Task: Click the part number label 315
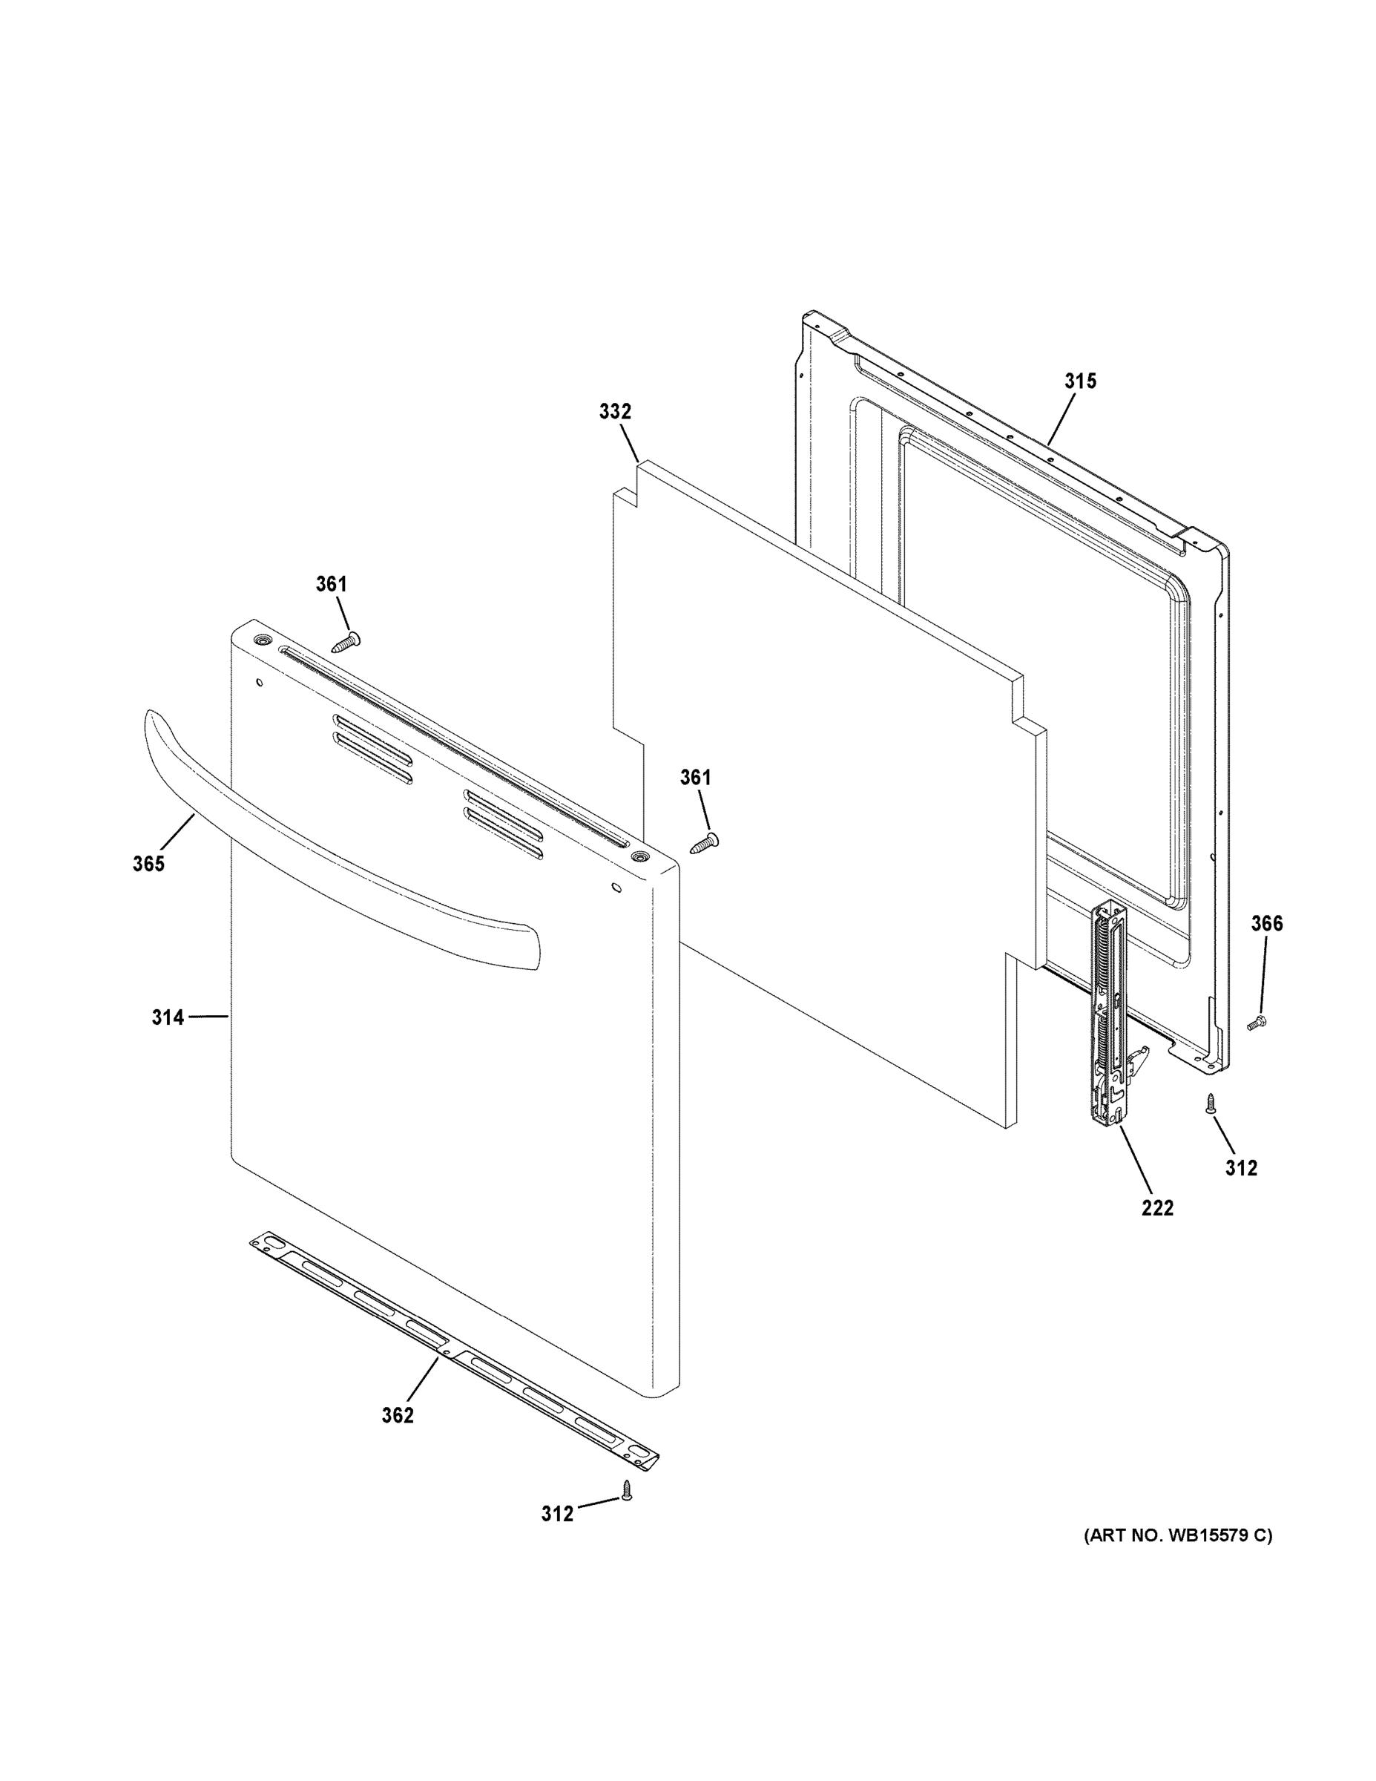(x=1080, y=381)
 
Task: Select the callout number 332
(x=615, y=412)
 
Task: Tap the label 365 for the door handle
(x=148, y=864)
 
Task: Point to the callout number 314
(x=167, y=1017)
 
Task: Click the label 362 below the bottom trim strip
(x=398, y=1416)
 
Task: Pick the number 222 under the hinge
(x=1156, y=1207)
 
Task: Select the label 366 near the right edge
(x=1267, y=923)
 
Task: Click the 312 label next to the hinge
(x=1241, y=1168)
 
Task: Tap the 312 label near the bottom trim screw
(x=557, y=1514)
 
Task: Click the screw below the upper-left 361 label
(x=346, y=643)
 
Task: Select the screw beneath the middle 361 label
(x=703, y=844)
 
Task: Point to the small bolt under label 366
(x=1256, y=1023)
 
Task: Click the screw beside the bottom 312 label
(x=627, y=1490)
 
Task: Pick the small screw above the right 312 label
(x=1211, y=1103)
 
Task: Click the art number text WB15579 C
(x=1177, y=1536)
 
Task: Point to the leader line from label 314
(x=208, y=1016)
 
